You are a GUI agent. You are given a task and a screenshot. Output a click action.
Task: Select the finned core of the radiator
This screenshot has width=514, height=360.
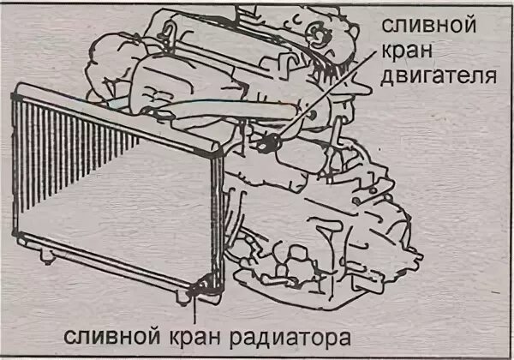(x=103, y=189)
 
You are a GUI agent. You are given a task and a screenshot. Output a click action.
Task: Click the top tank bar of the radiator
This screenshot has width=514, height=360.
(x=111, y=116)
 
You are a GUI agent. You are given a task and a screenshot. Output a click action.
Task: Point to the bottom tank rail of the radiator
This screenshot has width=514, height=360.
(x=103, y=274)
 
